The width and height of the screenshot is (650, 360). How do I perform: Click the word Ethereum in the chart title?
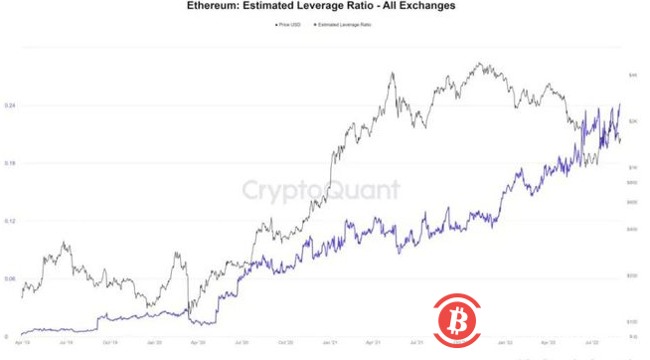click(x=217, y=6)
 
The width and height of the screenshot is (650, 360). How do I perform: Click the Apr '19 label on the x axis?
click(x=22, y=342)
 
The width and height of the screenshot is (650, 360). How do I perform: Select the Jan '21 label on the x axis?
click(x=327, y=342)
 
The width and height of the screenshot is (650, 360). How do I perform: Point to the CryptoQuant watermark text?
click(x=322, y=189)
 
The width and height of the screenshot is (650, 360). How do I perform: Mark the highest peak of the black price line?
click(x=481, y=64)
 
